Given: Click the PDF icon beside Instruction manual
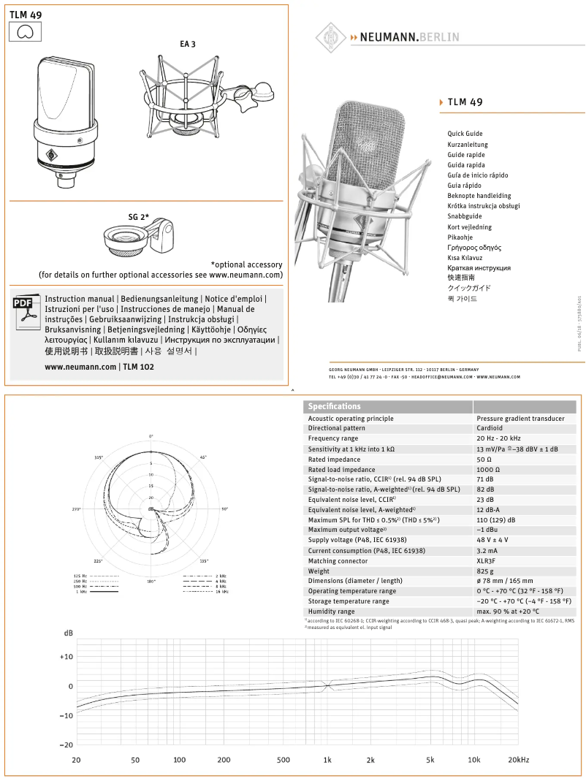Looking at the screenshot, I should [25, 310].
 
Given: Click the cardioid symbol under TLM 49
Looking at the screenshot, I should [25, 31].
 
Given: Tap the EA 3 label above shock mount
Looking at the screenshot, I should [188, 45].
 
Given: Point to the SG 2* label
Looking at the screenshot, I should [139, 217].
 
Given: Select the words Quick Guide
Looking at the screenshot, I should [465, 134].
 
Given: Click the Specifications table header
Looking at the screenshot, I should [334, 406].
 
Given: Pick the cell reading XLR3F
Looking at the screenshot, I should [487, 561].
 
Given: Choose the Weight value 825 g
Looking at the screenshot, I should [485, 571].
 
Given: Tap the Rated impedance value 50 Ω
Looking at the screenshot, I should [484, 460].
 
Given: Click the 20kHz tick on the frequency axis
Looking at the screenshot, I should [518, 760].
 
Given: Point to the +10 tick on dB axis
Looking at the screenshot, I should [66, 657].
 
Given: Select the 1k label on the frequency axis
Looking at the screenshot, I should [327, 760].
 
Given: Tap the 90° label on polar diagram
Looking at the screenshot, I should [225, 508].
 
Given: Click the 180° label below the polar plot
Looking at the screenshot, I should [151, 581].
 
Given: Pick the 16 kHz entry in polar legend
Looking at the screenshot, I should [221, 591].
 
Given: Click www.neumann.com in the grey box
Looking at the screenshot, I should [80, 367].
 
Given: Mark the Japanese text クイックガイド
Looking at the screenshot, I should [469, 288].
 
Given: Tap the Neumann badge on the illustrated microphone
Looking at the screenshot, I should [52, 154].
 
